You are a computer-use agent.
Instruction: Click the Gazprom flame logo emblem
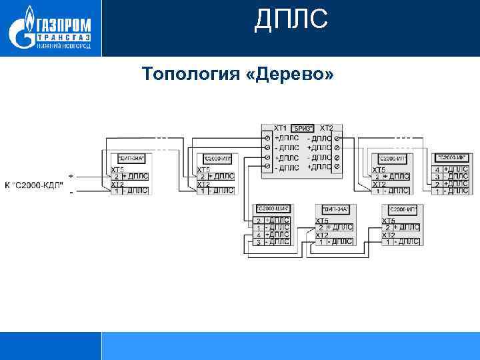(x=24, y=28)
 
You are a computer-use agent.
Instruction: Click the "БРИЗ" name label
(x=303, y=128)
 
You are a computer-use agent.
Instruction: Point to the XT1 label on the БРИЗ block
(x=280, y=127)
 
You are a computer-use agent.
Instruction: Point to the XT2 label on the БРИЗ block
(x=327, y=127)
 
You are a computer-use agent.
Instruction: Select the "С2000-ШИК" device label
(x=271, y=209)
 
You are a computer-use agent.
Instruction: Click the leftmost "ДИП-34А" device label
(x=131, y=159)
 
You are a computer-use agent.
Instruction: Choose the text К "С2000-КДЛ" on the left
(x=35, y=184)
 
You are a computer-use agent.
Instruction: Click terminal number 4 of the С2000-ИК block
(x=437, y=169)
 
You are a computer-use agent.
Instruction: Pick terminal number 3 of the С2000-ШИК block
(x=258, y=242)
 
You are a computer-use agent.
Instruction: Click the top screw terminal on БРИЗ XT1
(x=267, y=137)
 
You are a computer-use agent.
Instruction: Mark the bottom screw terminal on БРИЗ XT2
(x=337, y=167)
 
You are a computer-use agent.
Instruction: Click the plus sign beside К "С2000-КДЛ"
(x=71, y=176)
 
